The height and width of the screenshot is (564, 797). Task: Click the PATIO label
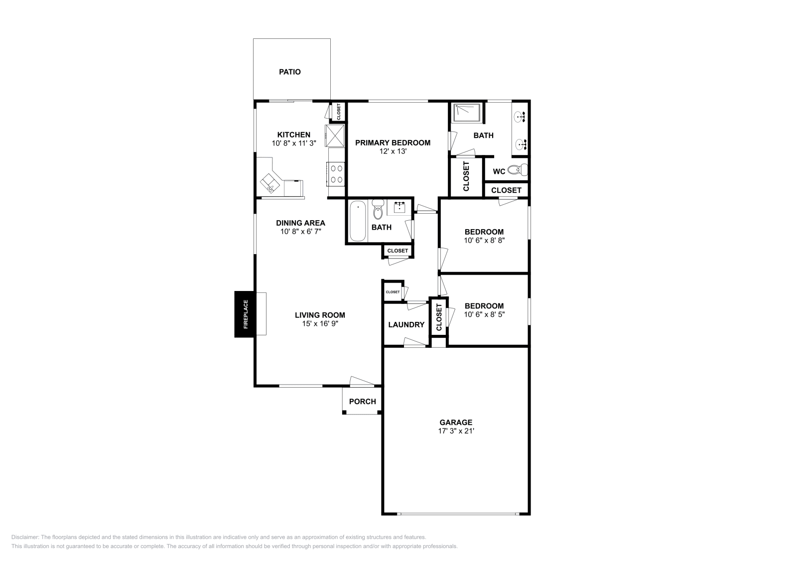[x=289, y=72]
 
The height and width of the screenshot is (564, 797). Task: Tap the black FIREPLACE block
[x=245, y=314]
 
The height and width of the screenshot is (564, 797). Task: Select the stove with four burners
[x=336, y=173]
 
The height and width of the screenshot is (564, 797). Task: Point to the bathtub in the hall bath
[x=357, y=221]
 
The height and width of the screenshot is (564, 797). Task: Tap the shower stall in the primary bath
[x=467, y=113]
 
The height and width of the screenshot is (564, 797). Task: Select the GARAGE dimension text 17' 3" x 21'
[x=456, y=431]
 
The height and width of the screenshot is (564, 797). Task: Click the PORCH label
[x=362, y=402]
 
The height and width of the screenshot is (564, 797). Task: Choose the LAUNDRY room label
[x=406, y=324]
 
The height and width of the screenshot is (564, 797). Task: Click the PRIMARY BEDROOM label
[x=393, y=142]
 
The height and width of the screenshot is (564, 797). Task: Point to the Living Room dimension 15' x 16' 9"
[x=320, y=323]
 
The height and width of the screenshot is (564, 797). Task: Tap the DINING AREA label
[x=300, y=223]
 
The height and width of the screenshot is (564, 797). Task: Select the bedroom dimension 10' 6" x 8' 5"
[x=484, y=314]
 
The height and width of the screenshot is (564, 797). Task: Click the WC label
[x=499, y=171]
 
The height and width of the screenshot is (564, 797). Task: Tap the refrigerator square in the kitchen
[x=335, y=136]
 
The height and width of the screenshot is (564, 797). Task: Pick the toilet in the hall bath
[x=378, y=211]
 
